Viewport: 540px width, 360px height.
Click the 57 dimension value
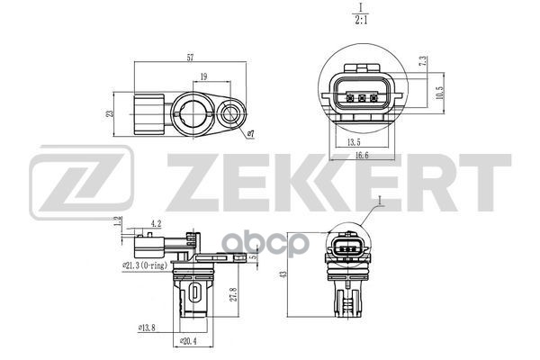pyautogui.click(x=190, y=58)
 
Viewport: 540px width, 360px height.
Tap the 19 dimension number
pyautogui.click(x=203, y=76)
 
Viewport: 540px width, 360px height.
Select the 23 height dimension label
pyautogui.click(x=110, y=113)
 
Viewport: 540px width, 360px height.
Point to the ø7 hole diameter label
pyautogui.click(x=251, y=134)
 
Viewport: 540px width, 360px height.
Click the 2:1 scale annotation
pyautogui.click(x=361, y=20)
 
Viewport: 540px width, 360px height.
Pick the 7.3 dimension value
pyautogui.click(x=423, y=61)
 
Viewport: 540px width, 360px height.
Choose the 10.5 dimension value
pyautogui.click(x=439, y=93)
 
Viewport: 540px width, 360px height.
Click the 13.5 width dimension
pyautogui.click(x=354, y=141)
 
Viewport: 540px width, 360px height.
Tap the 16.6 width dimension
pyautogui.click(x=361, y=156)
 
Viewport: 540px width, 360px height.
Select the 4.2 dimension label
pyautogui.click(x=156, y=223)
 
